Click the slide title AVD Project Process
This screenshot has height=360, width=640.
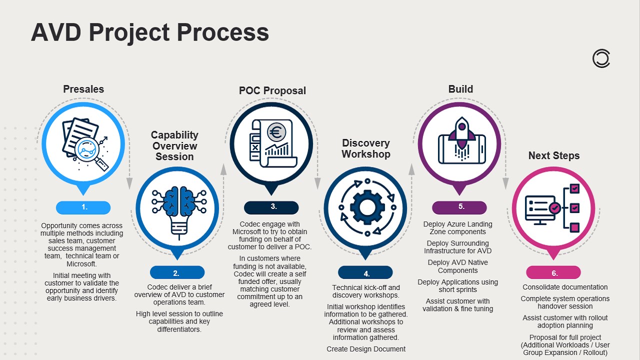coord(150,32)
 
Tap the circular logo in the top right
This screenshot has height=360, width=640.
coord(601,58)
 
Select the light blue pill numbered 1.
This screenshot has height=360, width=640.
coord(83,207)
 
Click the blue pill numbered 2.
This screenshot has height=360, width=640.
coord(177,272)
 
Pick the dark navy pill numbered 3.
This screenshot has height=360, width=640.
coord(271,207)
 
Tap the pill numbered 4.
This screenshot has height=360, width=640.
coord(365,273)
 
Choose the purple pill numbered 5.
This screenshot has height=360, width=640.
coord(459,207)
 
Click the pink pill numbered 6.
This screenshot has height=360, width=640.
coord(553,273)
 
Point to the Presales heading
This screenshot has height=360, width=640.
coord(83,89)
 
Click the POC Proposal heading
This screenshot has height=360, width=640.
coord(272,90)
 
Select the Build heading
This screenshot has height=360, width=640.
coord(460,89)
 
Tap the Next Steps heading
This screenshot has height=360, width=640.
coord(554,155)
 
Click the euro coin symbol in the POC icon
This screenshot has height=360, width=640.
coord(275,132)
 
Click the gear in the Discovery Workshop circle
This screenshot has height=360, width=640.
coord(366,207)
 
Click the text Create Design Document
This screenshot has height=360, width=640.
coord(366,349)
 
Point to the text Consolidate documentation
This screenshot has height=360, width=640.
coord(565,287)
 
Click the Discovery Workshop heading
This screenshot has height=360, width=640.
coord(366,148)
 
